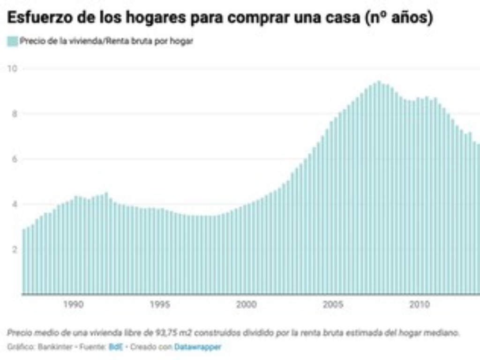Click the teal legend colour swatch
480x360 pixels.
tap(13, 41)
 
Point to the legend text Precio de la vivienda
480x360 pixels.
tap(56, 41)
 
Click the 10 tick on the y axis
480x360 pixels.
tap(13, 68)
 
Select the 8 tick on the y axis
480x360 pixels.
tap(14, 113)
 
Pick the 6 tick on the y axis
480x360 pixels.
tap(14, 159)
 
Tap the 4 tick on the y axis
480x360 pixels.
tap(14, 204)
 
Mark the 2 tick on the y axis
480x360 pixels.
tap(14, 249)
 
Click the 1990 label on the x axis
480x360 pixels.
tap(74, 305)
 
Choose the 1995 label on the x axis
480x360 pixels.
tap(160, 305)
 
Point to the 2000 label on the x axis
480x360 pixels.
tap(247, 305)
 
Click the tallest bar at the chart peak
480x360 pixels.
tap(379, 187)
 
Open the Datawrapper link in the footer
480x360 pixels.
tap(197, 347)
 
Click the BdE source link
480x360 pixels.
tap(113, 347)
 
